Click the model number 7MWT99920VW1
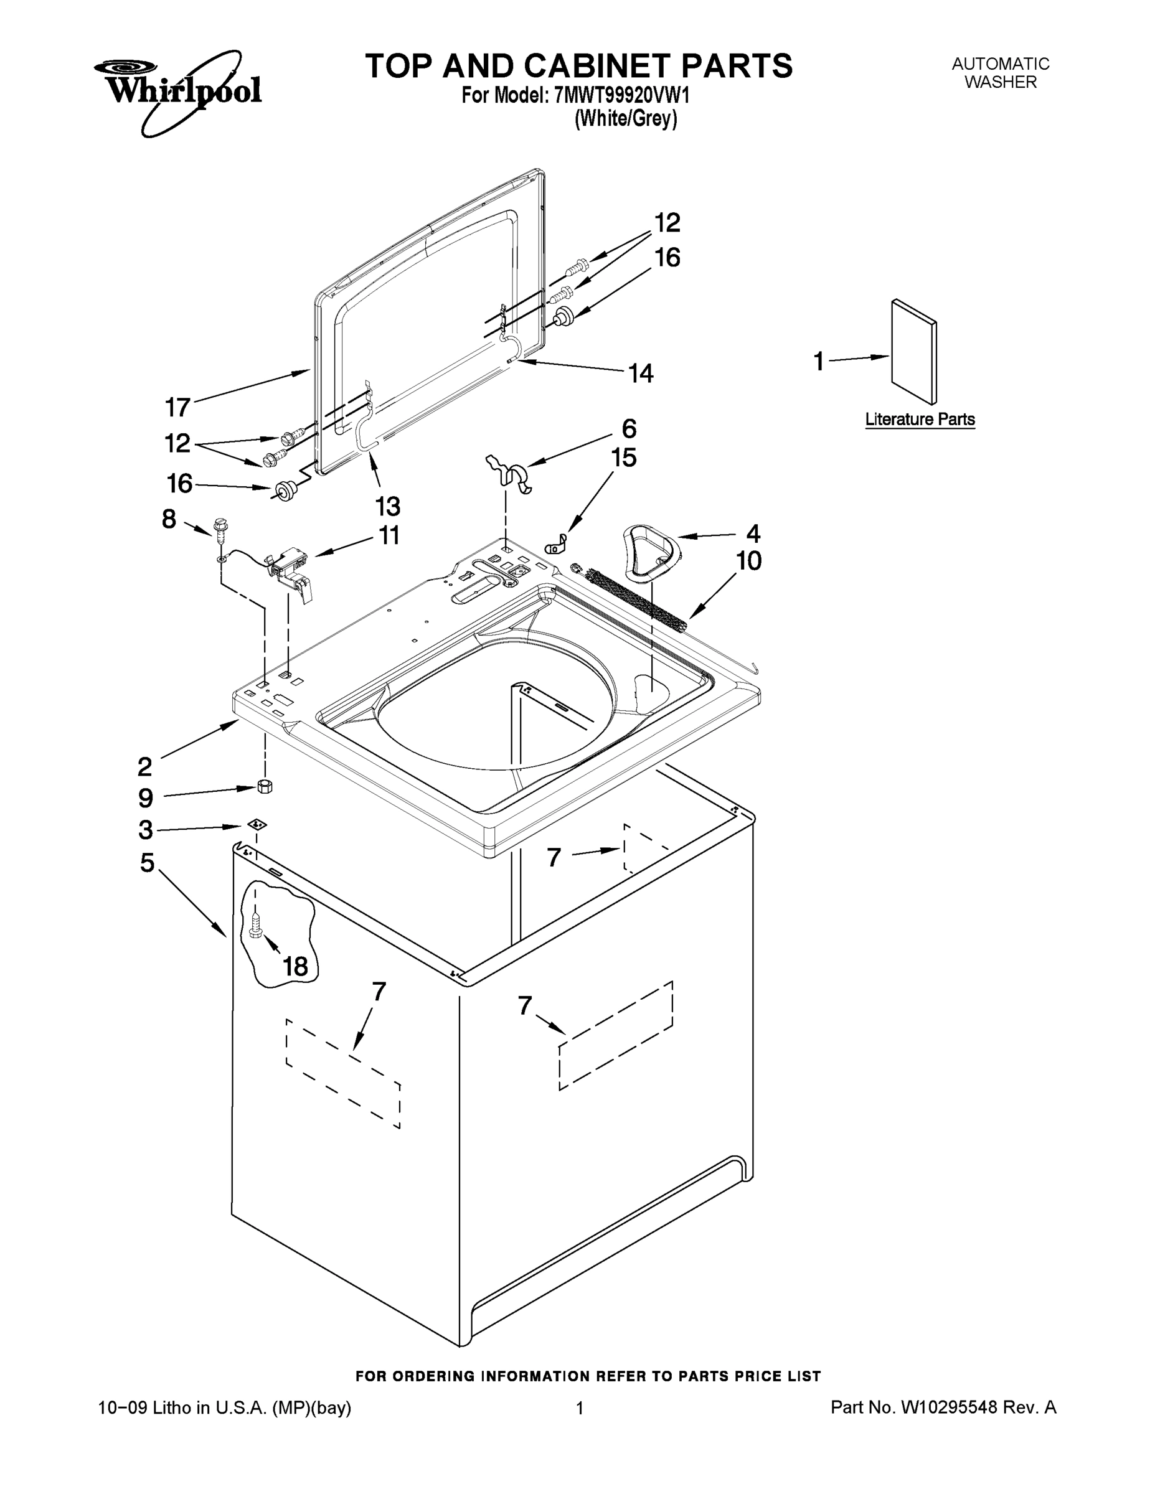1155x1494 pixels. (x=621, y=95)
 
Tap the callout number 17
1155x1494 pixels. (x=178, y=408)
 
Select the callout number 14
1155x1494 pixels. (x=641, y=374)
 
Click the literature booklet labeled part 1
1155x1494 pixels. (x=914, y=352)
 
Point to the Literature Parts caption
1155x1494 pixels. (x=920, y=420)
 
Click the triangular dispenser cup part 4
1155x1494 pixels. (x=650, y=548)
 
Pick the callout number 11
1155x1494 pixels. (x=389, y=535)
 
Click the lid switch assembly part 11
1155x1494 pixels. (x=291, y=568)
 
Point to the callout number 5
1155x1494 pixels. (x=146, y=863)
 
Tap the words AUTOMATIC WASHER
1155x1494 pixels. (x=1001, y=72)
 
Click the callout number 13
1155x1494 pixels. (x=387, y=507)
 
